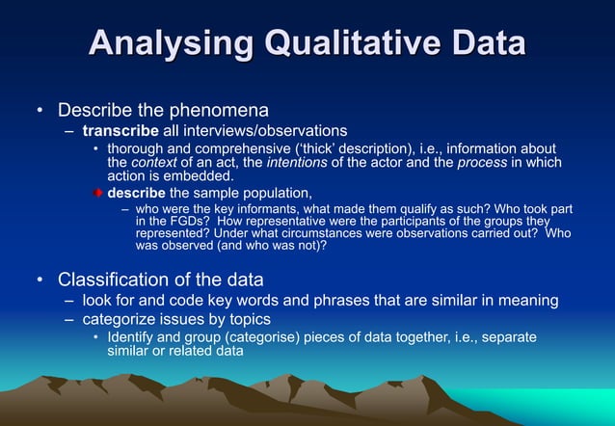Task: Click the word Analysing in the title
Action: pos(164,44)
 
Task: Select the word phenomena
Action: pos(220,109)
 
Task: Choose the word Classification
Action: pos(117,280)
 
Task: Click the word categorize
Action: pos(118,319)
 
